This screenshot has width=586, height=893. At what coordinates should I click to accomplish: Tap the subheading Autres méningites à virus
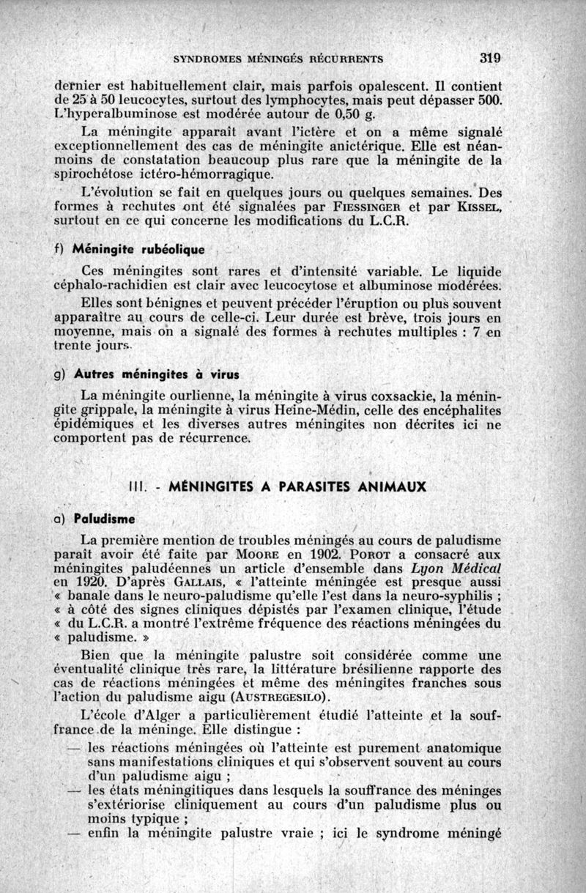[156, 374]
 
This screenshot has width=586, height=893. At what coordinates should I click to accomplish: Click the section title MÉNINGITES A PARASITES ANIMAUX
[297, 486]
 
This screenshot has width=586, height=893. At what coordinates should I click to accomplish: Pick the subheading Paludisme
[104, 519]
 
